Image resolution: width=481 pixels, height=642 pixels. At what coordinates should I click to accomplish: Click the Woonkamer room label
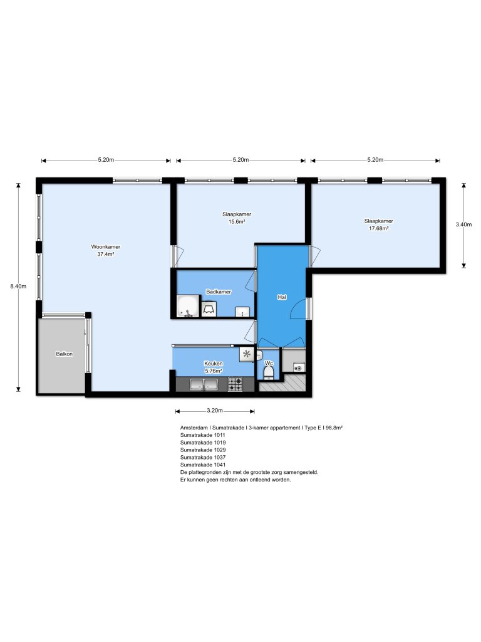click(x=105, y=246)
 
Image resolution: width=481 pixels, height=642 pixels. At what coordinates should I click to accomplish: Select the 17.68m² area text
click(x=378, y=228)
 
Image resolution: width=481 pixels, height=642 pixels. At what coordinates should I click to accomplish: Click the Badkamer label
click(x=219, y=292)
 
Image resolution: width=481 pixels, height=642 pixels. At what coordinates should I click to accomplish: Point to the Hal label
click(x=282, y=297)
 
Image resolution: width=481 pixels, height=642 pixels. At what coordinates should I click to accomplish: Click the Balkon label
click(x=65, y=354)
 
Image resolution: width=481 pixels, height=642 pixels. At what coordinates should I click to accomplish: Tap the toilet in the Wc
click(x=269, y=373)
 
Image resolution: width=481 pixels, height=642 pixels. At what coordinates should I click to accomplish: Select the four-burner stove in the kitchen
click(x=235, y=384)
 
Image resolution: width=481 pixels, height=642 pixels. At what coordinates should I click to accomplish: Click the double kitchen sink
click(x=204, y=385)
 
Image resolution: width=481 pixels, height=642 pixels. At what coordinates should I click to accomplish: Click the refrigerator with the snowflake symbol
click(x=247, y=355)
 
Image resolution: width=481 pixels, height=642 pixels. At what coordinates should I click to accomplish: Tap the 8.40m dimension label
click(x=18, y=287)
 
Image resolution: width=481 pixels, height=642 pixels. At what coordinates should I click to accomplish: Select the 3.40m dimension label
click(x=463, y=224)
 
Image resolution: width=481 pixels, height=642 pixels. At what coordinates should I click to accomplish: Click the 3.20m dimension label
click(x=214, y=412)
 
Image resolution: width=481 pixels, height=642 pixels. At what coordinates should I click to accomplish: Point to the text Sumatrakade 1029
click(x=202, y=450)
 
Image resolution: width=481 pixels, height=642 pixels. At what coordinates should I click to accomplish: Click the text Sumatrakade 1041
click(x=202, y=465)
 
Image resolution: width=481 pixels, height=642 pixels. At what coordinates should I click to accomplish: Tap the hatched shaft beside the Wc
click(x=282, y=385)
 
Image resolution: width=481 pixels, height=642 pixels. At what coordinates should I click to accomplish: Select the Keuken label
click(x=213, y=364)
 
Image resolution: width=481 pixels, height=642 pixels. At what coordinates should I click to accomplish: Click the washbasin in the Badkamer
click(x=243, y=312)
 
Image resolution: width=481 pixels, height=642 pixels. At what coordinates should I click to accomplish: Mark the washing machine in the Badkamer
click(x=209, y=309)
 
